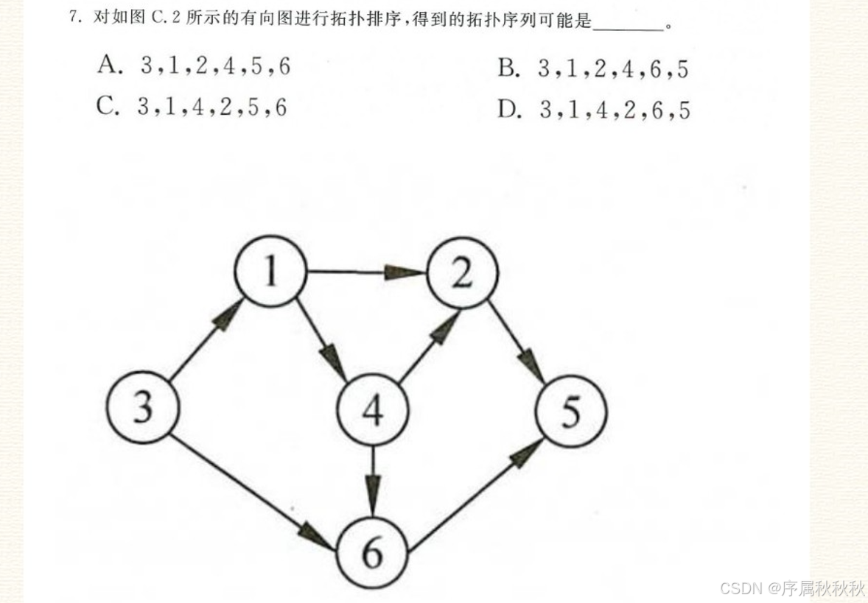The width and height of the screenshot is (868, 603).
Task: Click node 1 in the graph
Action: coord(270,272)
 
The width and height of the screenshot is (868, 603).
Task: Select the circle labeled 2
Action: coord(462,273)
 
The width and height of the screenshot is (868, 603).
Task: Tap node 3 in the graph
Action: coord(142,407)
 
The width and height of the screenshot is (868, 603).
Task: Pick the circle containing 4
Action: coord(373,409)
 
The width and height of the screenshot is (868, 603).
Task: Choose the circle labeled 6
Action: coord(373,551)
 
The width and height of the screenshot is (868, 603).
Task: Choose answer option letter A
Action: coord(108,66)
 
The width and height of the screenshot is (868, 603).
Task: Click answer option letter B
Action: coord(508,69)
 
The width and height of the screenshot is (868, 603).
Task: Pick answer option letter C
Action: coord(108,107)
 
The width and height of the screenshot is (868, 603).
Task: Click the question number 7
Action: coord(74,18)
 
